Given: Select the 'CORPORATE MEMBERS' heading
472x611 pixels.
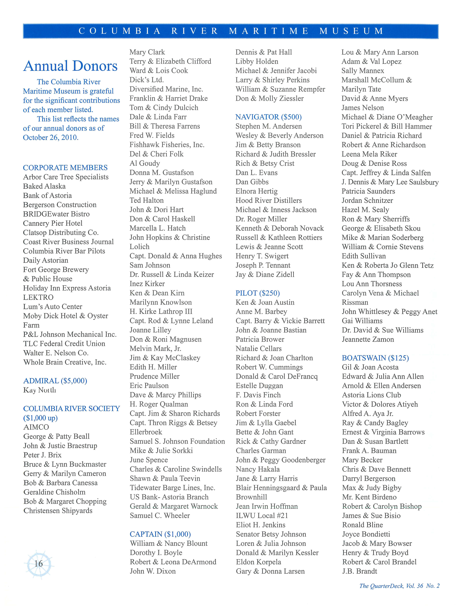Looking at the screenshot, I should point(65,168).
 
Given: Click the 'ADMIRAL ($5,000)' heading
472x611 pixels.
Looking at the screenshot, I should point(55,381).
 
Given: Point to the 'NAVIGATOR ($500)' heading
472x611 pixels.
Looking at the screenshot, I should point(268,117).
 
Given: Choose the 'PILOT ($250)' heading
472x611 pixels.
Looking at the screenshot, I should point(258,293).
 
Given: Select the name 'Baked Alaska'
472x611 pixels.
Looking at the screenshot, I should point(44,186).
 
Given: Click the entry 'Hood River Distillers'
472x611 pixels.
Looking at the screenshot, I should point(268,200).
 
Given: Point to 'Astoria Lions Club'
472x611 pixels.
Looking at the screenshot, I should point(371,395).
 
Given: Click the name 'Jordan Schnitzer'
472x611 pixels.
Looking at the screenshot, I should point(367,200).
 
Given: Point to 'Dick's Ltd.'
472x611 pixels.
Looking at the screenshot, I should point(147,80).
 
